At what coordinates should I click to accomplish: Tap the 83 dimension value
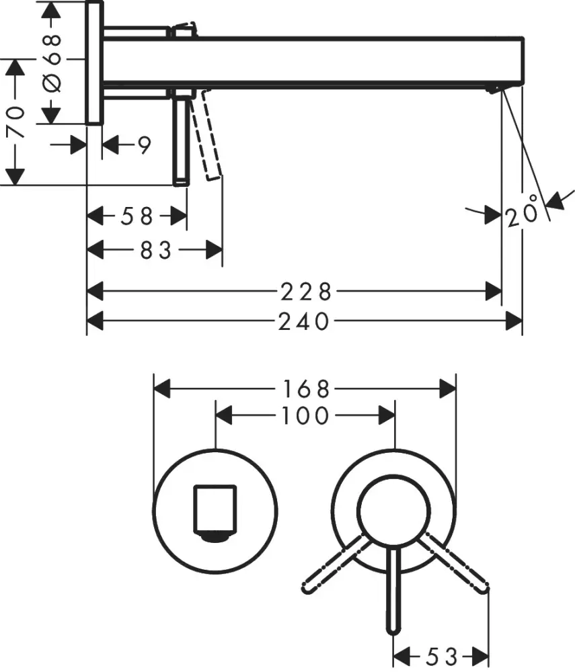(x=155, y=251)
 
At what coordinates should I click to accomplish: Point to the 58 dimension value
(x=137, y=216)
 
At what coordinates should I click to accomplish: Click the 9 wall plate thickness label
(x=143, y=145)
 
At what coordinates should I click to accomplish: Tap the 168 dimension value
(x=306, y=389)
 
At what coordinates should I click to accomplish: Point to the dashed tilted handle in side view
(x=206, y=138)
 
